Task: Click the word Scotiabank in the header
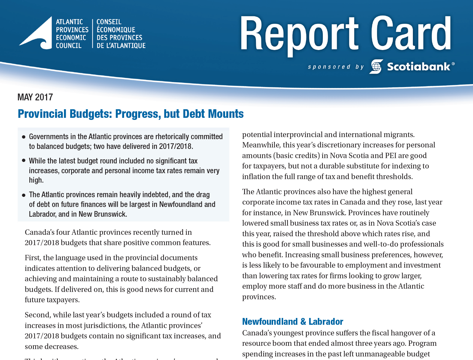(419, 67)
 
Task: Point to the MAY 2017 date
(35, 97)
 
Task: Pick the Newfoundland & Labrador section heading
(293, 322)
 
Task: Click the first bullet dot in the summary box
(24, 137)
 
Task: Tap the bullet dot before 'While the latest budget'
(24, 161)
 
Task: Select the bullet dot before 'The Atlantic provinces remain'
(24, 195)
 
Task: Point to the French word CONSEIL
(109, 22)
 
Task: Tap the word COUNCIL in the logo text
(69, 46)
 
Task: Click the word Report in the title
(299, 34)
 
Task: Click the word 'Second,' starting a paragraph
(38, 315)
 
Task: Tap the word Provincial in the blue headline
(42, 114)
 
